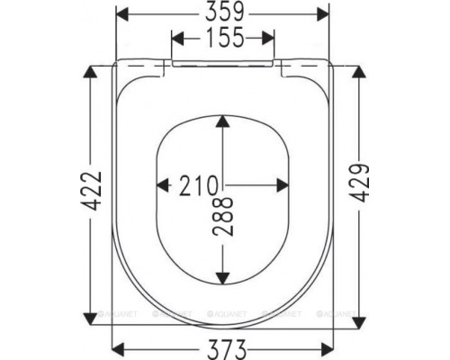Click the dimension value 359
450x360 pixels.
click(225, 13)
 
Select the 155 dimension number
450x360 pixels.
click(225, 37)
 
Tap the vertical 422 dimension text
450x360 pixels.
click(91, 191)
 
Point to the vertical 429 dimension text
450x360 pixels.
click(359, 183)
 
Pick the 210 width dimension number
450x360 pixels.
click(198, 185)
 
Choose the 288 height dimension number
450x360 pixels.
click(222, 216)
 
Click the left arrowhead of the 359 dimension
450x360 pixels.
click(122, 14)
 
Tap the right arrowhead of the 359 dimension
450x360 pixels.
click(323, 14)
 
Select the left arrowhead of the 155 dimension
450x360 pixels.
click(177, 38)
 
